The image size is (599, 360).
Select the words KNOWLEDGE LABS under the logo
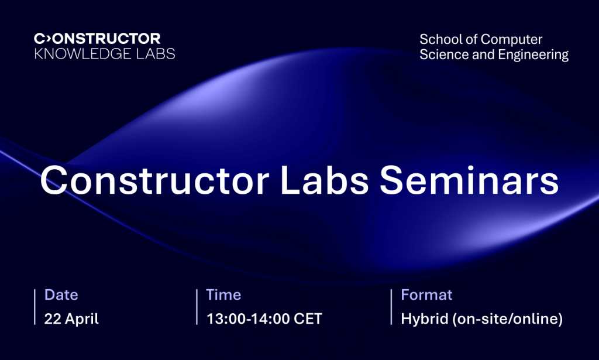tap(104, 54)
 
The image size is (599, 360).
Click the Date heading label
tap(61, 295)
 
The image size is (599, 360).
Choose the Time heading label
tap(223, 295)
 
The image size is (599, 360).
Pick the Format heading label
tap(426, 295)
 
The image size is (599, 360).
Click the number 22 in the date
tap(53, 319)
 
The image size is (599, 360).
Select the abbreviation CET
tap(306, 319)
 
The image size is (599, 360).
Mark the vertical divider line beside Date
tap(35, 307)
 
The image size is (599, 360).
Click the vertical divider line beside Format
tap(391, 307)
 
